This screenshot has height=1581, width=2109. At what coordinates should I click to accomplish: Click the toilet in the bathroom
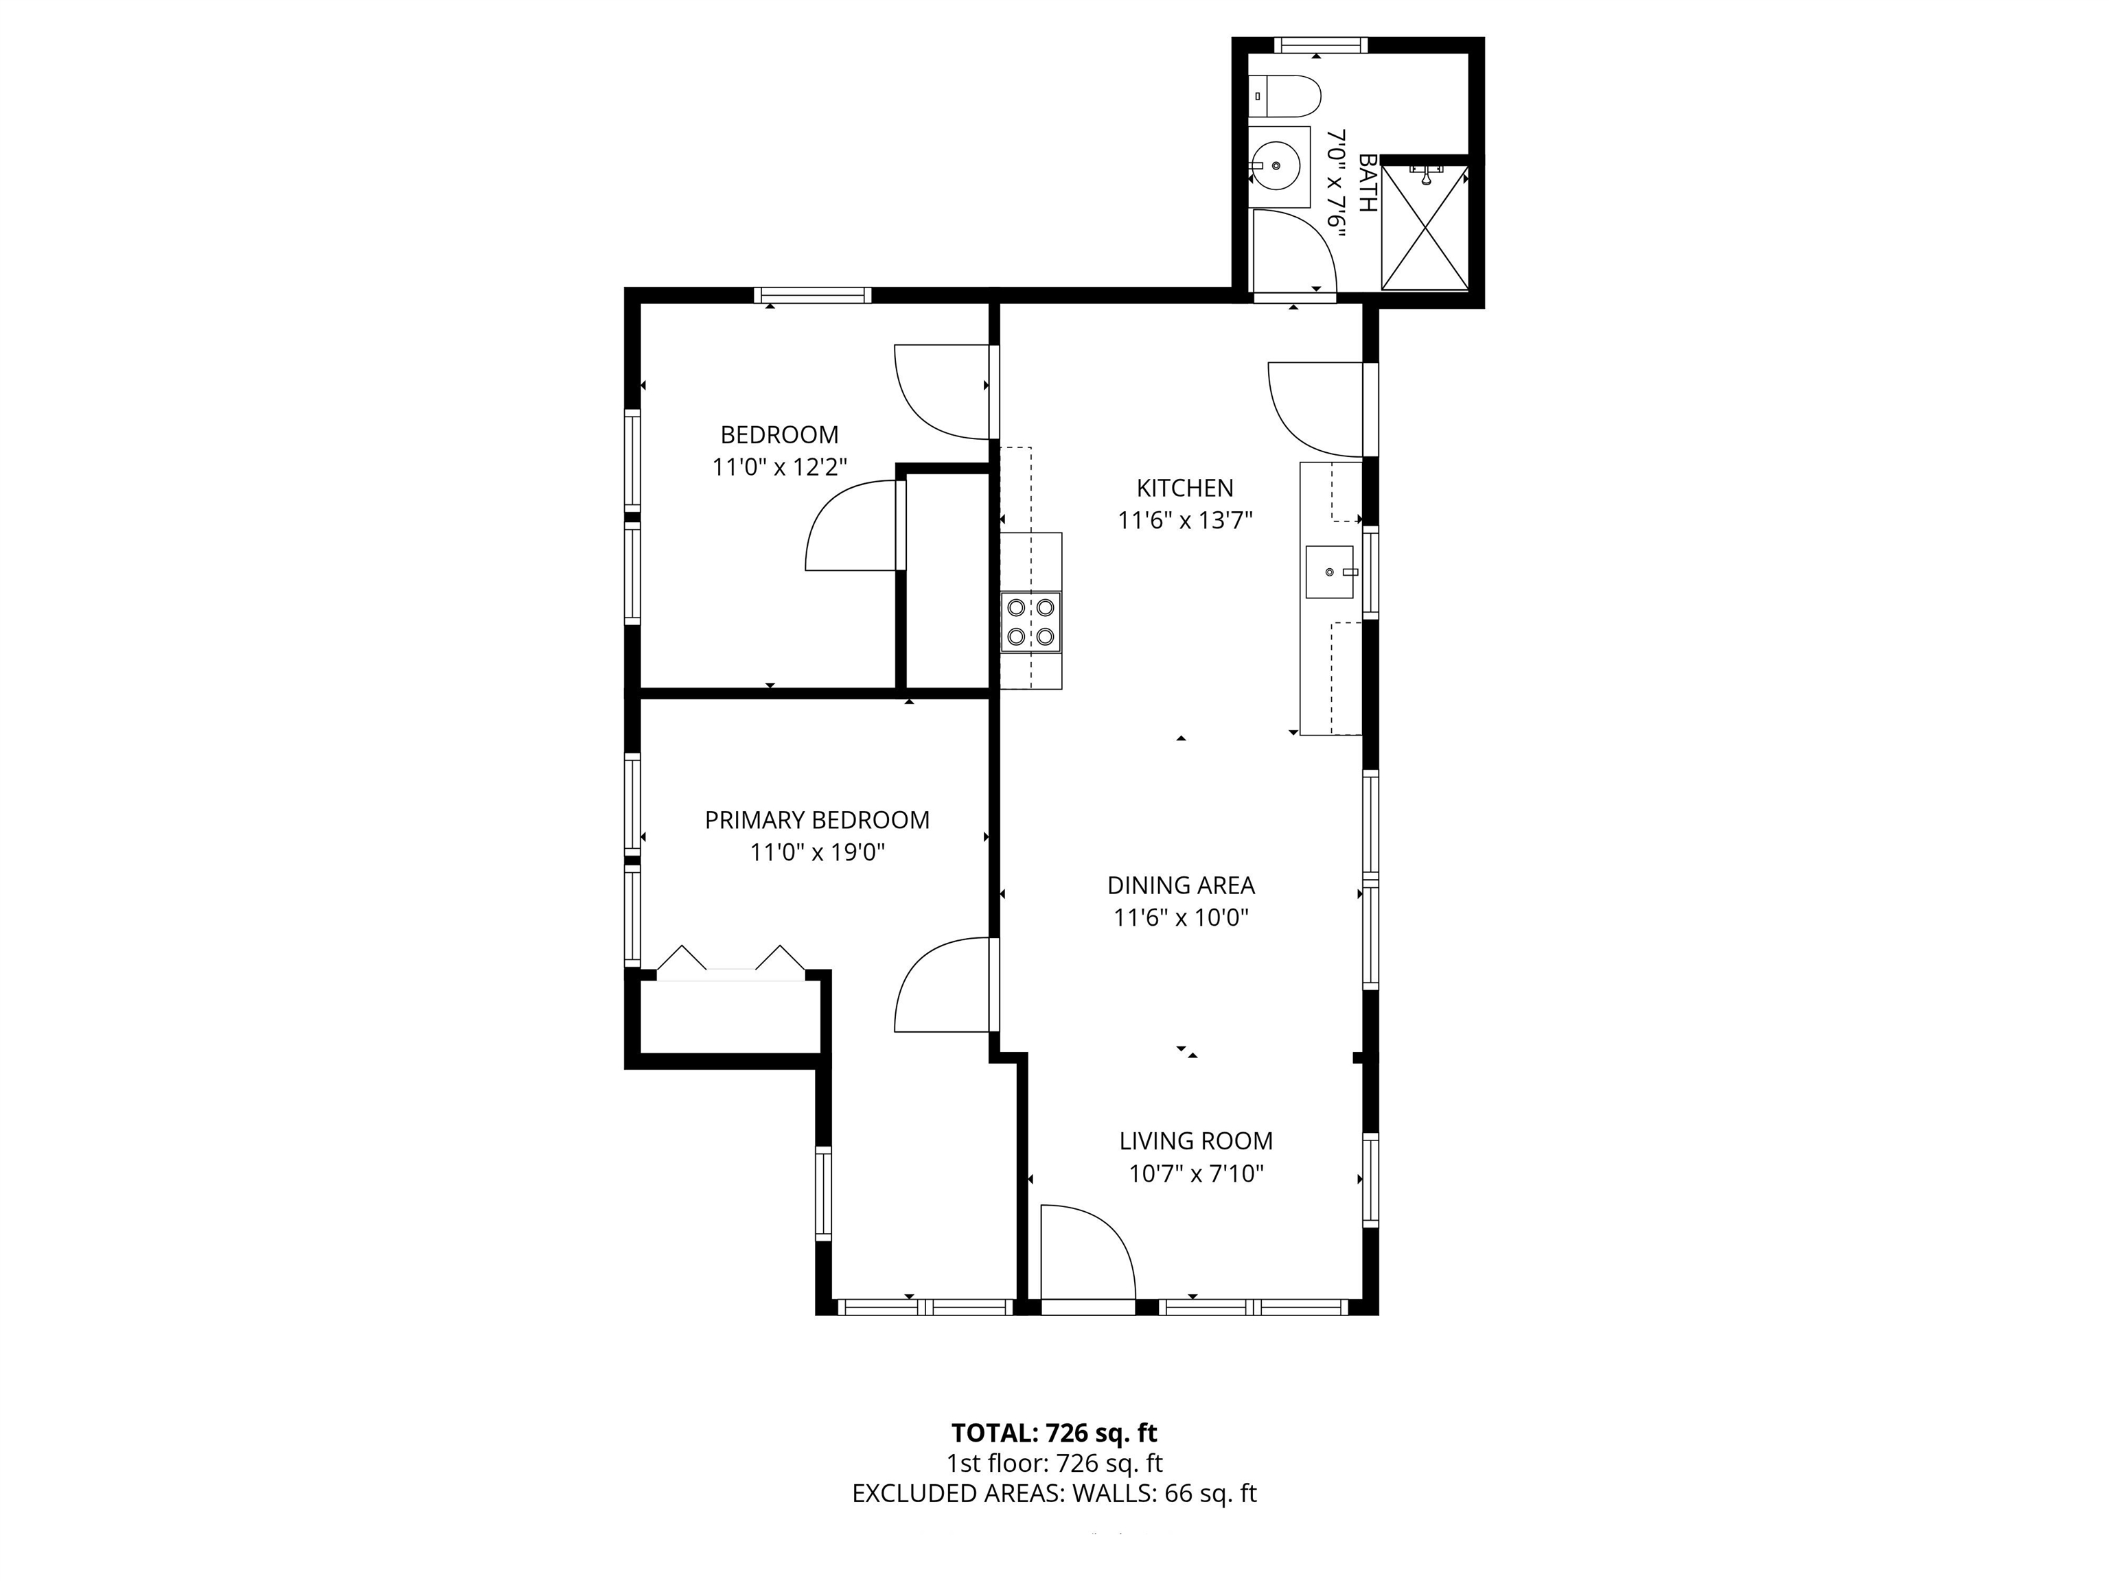click(1287, 95)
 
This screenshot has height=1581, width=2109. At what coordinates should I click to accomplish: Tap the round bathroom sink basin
click(1276, 166)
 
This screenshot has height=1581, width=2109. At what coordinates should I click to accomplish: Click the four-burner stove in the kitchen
click(1030, 621)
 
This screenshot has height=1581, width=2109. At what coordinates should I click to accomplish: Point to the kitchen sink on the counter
click(1329, 572)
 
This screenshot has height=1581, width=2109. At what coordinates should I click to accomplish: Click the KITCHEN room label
click(1184, 488)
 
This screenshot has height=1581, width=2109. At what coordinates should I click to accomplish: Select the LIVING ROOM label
click(1196, 1140)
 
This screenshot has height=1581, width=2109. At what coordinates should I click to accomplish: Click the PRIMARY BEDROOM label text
click(817, 819)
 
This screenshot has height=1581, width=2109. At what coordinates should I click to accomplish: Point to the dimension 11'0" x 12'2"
click(780, 467)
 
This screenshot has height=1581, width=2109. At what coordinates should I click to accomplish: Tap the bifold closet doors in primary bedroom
click(730, 963)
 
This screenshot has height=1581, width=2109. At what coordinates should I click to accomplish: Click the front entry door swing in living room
click(1087, 1251)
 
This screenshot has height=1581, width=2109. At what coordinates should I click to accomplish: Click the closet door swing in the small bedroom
click(851, 526)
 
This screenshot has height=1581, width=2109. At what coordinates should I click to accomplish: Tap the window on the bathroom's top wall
click(1320, 44)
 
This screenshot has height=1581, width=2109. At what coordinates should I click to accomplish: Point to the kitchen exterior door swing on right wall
click(1316, 408)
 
